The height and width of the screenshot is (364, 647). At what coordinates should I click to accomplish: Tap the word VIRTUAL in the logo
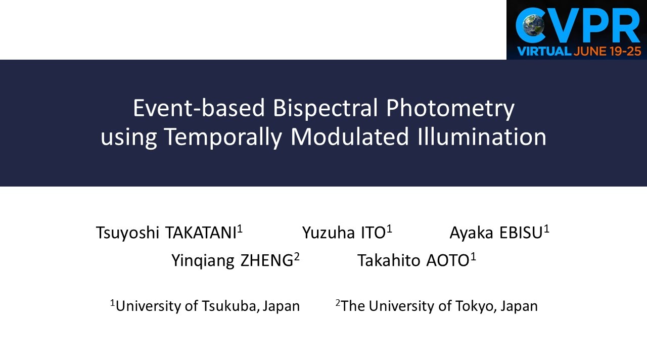pyautogui.click(x=543, y=51)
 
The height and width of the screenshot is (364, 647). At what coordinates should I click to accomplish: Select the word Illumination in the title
pyautogui.click(x=479, y=137)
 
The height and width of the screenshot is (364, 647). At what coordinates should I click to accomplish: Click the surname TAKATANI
pyautogui.click(x=200, y=233)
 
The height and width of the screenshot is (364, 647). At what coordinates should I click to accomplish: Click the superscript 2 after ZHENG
pyautogui.click(x=297, y=256)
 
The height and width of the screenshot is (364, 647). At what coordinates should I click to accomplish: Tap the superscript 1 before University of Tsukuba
pyautogui.click(x=112, y=303)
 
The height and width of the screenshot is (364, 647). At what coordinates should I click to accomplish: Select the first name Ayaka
pyautogui.click(x=472, y=234)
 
